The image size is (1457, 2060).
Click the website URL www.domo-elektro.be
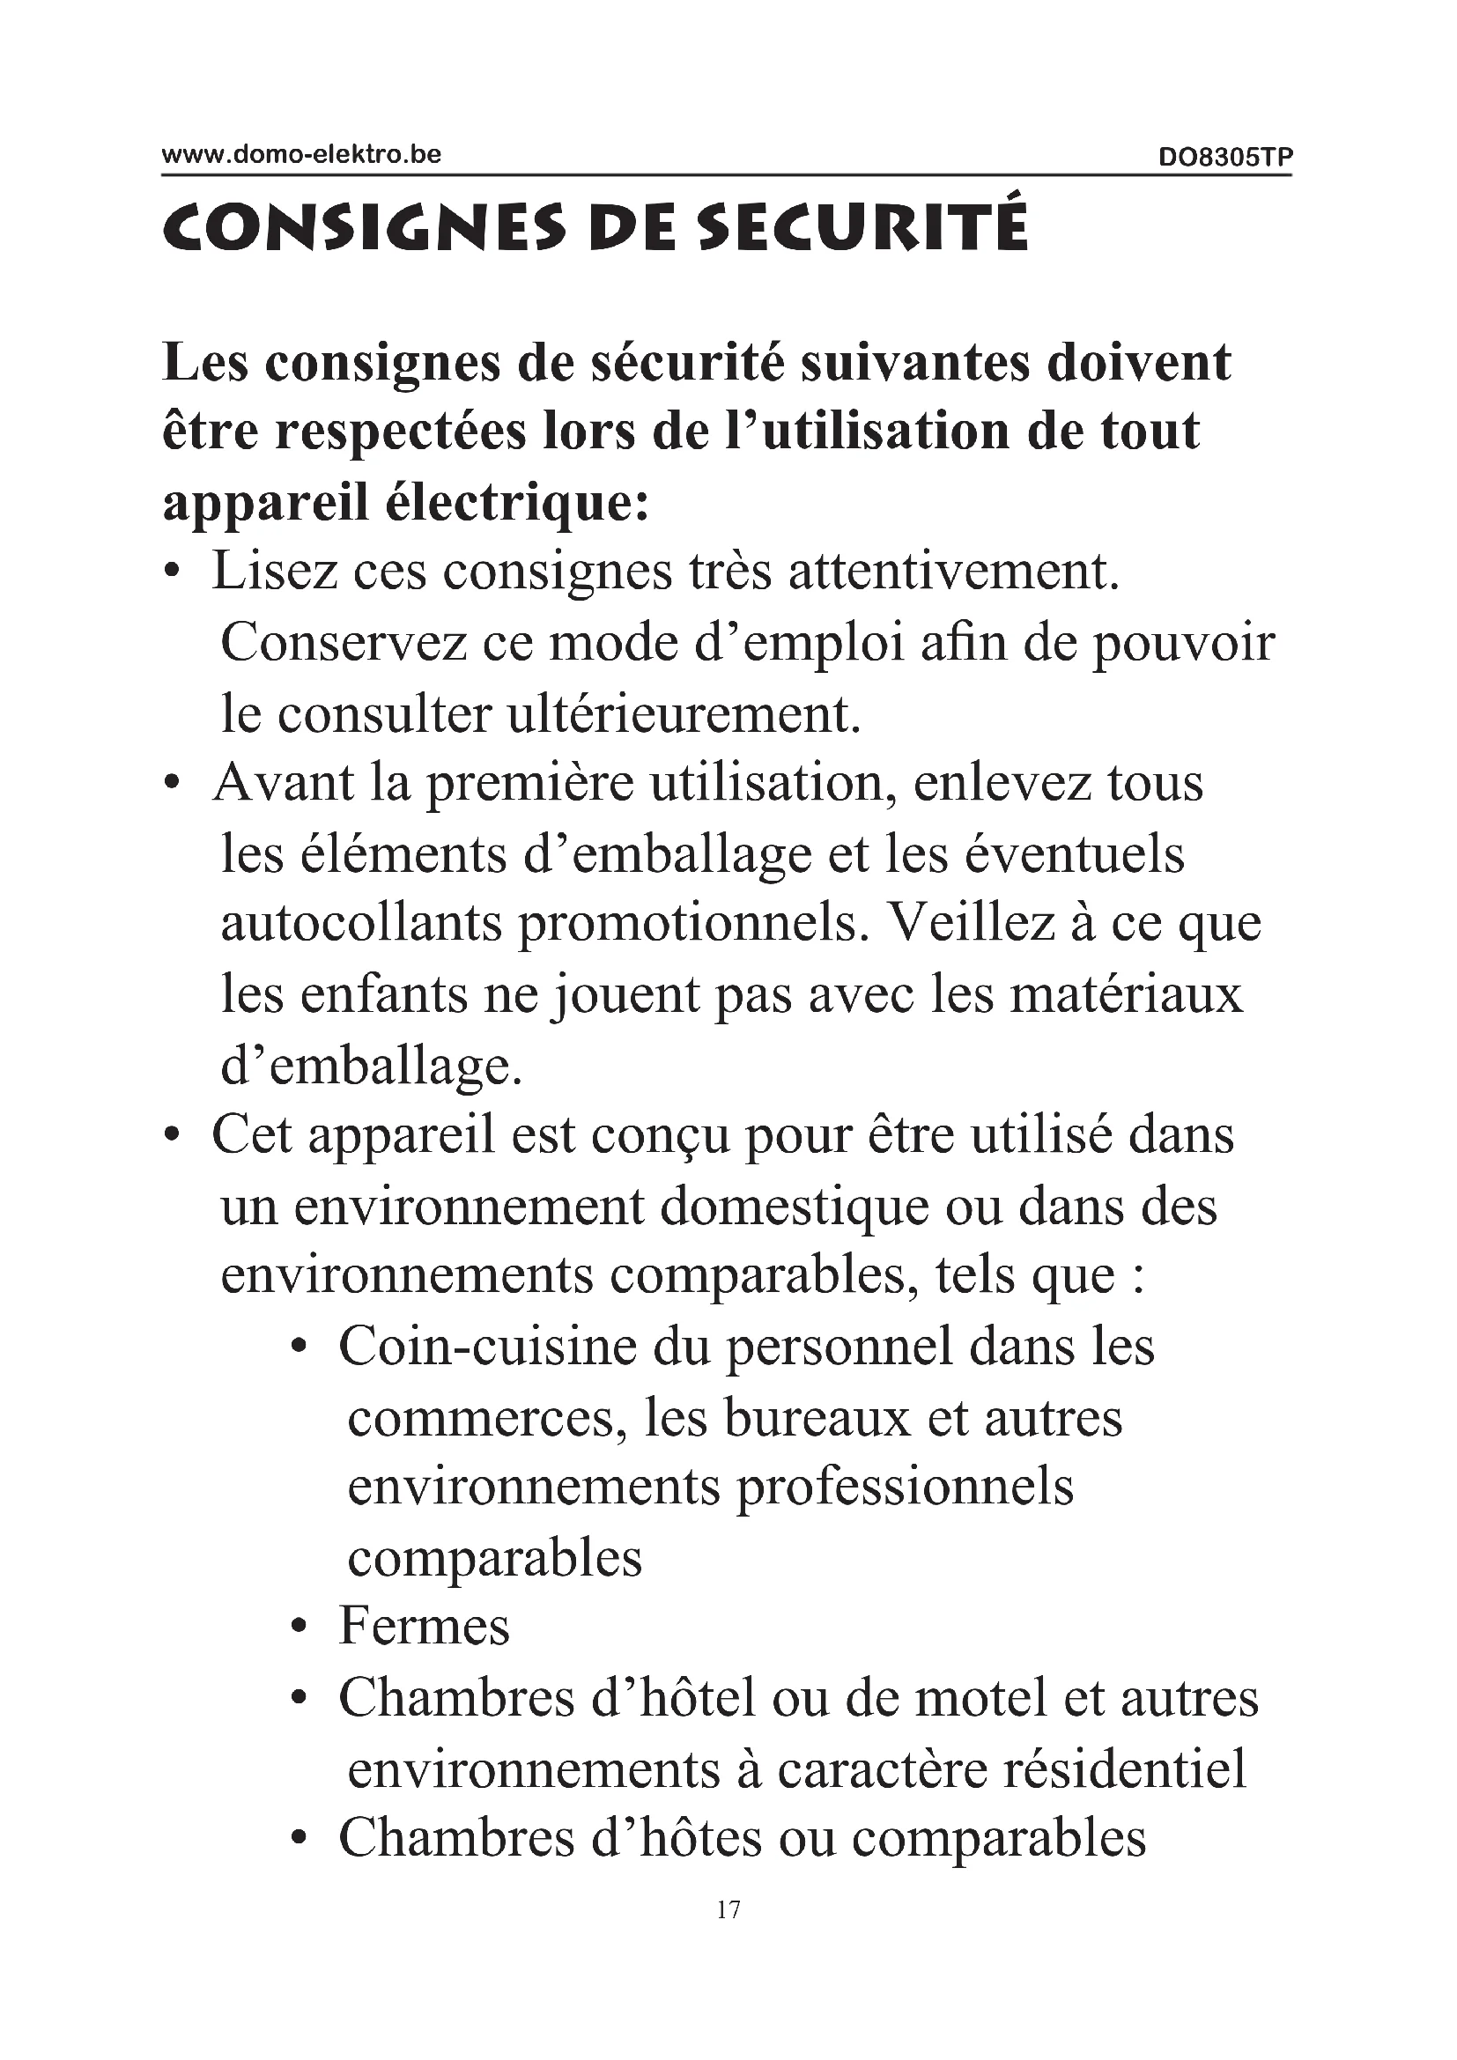[x=300, y=154]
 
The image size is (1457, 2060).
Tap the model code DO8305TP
[x=1224, y=158]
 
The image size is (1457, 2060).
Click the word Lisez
[x=274, y=571]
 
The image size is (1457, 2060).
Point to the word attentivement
[x=954, y=571]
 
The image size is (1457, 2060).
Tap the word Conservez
[x=344, y=641]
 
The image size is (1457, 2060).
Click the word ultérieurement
[x=684, y=713]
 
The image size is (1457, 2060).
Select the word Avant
[x=284, y=782]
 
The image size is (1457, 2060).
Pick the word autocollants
[x=360, y=923]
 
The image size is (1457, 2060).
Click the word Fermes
[x=424, y=1629]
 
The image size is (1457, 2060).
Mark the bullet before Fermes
[x=300, y=1629]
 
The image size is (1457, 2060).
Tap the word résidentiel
[x=1124, y=1770]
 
